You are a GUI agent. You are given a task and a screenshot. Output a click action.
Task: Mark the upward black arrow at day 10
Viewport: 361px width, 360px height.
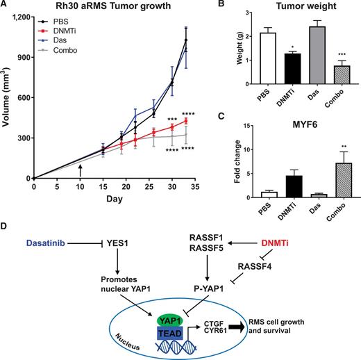point(81,168)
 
